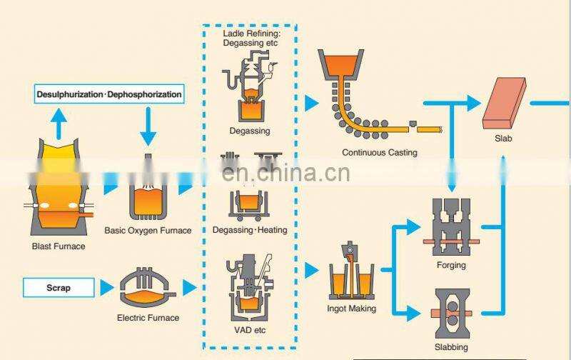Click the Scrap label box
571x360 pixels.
(x=59, y=289)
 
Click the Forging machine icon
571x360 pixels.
(x=450, y=229)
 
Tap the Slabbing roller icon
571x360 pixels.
(x=451, y=311)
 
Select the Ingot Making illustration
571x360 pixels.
(x=352, y=275)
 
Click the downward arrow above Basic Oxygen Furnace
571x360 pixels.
(x=148, y=129)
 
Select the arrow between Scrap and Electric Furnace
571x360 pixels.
(x=106, y=289)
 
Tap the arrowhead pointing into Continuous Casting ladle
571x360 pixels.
(x=311, y=103)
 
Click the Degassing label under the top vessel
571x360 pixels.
(x=249, y=131)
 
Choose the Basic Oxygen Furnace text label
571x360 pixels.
(x=148, y=230)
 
